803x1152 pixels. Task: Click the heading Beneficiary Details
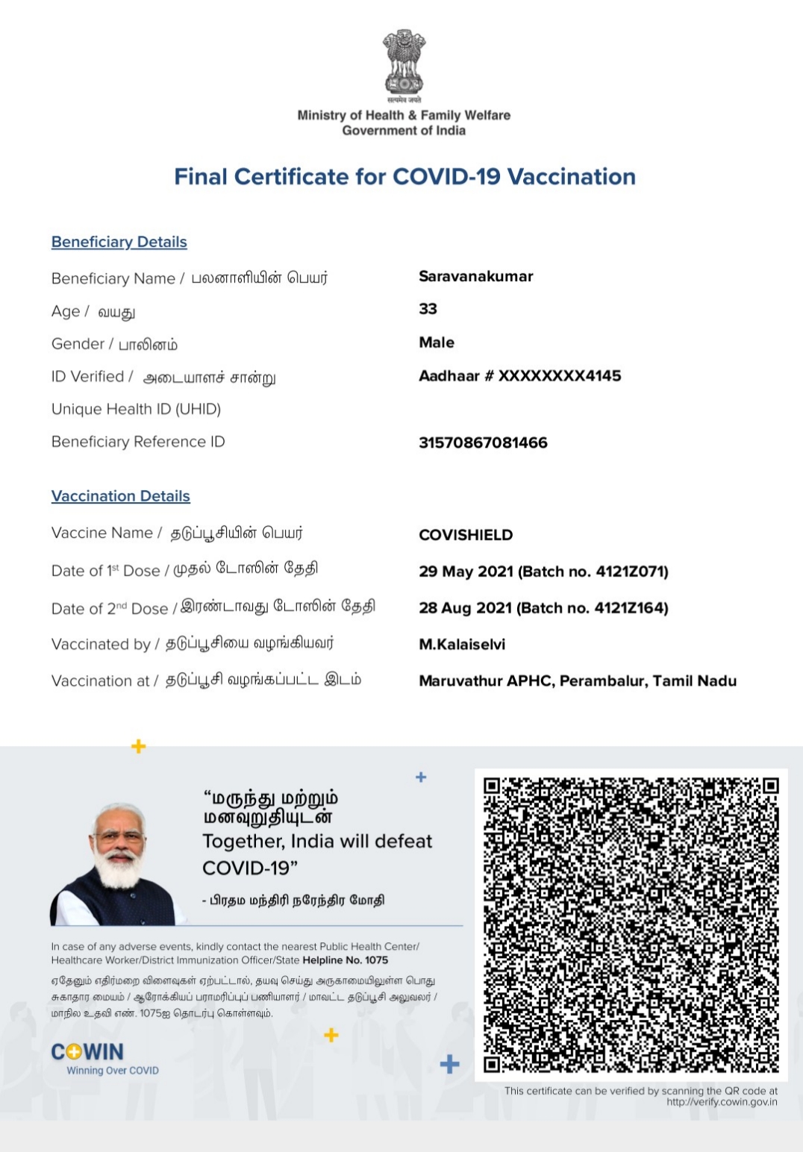[119, 242]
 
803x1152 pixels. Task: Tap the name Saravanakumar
[475, 277]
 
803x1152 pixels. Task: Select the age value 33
[428, 309]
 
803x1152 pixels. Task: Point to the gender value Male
[437, 342]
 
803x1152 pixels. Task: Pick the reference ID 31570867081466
[483, 442]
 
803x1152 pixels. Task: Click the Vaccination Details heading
[120, 496]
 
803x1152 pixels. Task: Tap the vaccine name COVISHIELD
[466, 535]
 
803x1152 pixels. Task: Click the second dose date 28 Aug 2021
[465, 608]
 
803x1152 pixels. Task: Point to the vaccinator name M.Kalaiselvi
[462, 644]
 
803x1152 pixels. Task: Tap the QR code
[631, 924]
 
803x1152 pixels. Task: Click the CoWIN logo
[88, 1052]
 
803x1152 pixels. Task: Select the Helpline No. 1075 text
[345, 960]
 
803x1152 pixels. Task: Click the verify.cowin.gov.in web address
[722, 1101]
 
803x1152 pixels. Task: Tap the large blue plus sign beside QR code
[449, 1064]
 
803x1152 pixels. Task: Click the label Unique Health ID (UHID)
[136, 409]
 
